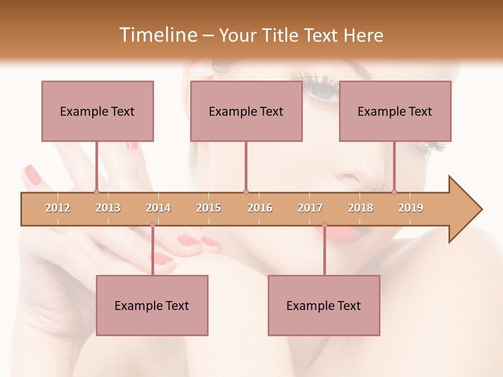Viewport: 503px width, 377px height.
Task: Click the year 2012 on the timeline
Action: pyautogui.click(x=58, y=208)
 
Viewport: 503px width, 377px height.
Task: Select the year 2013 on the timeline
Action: pyautogui.click(x=108, y=208)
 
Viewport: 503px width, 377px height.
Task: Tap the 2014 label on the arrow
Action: pyautogui.click(x=158, y=208)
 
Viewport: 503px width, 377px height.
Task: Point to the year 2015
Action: pyautogui.click(x=209, y=208)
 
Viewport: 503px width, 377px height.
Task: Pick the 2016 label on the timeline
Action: pyautogui.click(x=260, y=208)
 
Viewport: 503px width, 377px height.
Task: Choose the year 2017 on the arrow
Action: pyautogui.click(x=310, y=208)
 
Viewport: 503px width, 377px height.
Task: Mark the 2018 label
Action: pyautogui.click(x=360, y=208)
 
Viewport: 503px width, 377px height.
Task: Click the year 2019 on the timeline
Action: pyautogui.click(x=411, y=208)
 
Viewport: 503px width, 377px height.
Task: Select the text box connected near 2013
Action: pyautogui.click(x=97, y=111)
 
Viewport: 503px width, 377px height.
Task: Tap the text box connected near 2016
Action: pyautogui.click(x=246, y=111)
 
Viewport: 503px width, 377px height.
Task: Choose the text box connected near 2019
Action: pyautogui.click(x=395, y=111)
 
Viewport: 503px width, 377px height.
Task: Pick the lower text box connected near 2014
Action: pyautogui.click(x=152, y=305)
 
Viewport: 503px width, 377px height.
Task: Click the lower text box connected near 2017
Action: pyautogui.click(x=324, y=305)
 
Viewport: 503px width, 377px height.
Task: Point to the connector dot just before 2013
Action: pyautogui.click(x=96, y=192)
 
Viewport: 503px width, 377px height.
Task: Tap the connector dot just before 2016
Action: pyautogui.click(x=246, y=192)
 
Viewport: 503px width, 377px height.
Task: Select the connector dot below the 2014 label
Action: pyautogui.click(x=152, y=225)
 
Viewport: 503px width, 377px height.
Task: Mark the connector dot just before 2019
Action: pyautogui.click(x=394, y=192)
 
